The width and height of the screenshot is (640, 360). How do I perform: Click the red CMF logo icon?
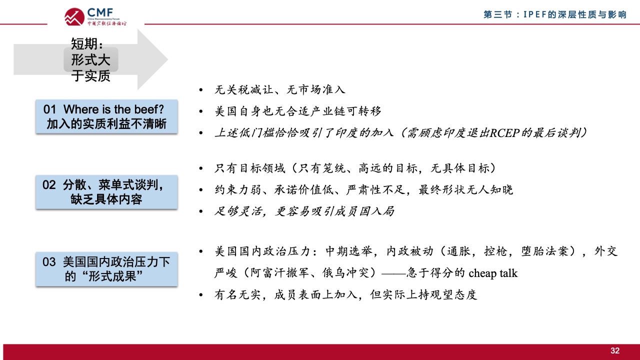[x=74, y=17]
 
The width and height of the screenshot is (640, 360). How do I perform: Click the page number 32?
[x=615, y=350]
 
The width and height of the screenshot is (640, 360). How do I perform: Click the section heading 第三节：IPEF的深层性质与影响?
[x=555, y=14]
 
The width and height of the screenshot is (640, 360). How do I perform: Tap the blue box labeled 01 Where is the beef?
[x=106, y=116]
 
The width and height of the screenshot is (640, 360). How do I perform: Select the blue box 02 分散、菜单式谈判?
[x=106, y=192]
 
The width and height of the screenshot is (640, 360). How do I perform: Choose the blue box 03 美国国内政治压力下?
[x=106, y=269]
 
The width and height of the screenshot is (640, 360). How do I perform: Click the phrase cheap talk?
[x=493, y=273]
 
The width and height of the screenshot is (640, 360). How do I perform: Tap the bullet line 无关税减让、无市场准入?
[x=279, y=89]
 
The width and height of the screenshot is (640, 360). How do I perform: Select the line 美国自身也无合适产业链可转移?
[x=297, y=111]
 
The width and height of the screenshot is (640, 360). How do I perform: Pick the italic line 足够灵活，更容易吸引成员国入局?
[x=304, y=211]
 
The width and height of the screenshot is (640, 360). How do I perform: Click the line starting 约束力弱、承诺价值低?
[x=363, y=189]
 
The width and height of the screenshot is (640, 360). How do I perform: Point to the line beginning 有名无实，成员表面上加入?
[x=345, y=295]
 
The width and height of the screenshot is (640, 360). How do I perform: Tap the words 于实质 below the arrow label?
[x=91, y=76]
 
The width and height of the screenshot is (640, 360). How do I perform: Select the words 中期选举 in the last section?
[x=349, y=251]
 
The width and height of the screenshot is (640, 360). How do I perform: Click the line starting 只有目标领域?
[x=355, y=168]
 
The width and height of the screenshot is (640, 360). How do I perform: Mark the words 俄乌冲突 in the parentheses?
[x=345, y=273]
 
